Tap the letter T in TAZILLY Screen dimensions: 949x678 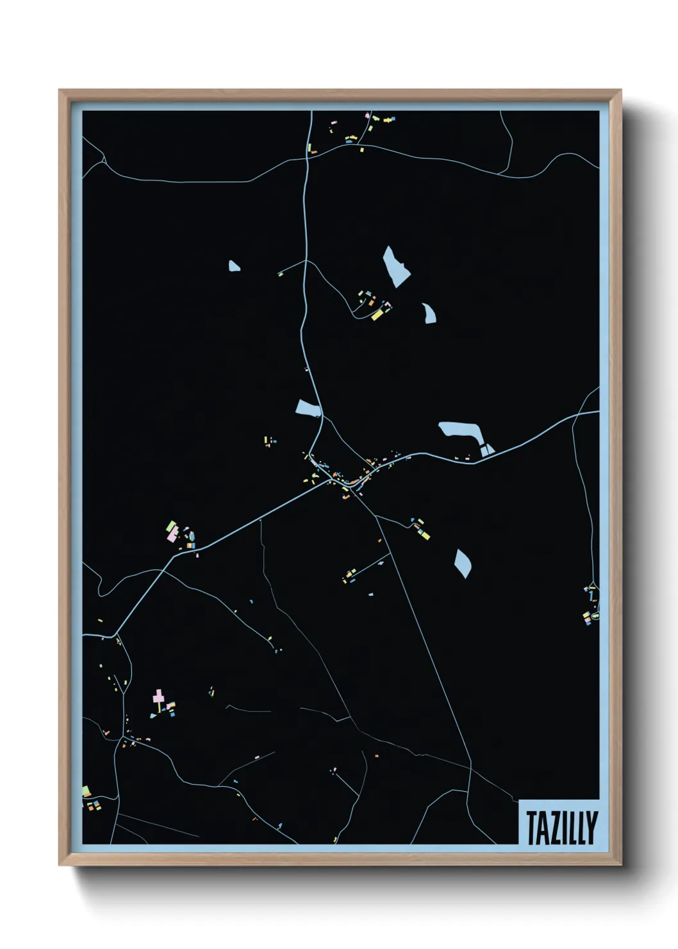click(x=531, y=828)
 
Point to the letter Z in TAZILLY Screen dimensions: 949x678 click(x=552, y=828)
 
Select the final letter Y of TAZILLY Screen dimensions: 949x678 click(x=591, y=828)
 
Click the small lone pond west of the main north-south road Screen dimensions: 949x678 click(x=234, y=265)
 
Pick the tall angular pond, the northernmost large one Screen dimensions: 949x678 click(x=395, y=265)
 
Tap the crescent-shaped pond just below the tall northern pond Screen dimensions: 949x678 click(x=428, y=313)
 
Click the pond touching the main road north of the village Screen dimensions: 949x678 click(x=308, y=408)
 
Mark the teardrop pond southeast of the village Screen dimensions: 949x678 click(x=463, y=563)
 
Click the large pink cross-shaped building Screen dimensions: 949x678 click(x=158, y=696)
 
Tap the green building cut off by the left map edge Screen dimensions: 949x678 click(x=85, y=791)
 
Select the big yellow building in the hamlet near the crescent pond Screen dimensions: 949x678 click(x=377, y=315)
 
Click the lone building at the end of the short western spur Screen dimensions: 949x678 click(x=280, y=274)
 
